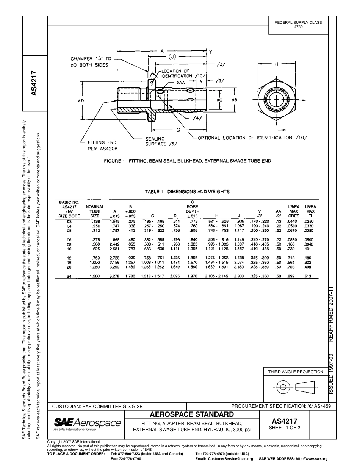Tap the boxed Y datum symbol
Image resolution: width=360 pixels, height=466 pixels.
pos(211,51)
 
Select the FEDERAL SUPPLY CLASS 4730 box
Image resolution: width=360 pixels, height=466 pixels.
pos(298,25)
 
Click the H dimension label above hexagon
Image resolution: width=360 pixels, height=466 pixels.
pos(276,64)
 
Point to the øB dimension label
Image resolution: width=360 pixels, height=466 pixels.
pos(235,100)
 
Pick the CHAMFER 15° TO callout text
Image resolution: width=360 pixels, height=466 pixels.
pos(91,59)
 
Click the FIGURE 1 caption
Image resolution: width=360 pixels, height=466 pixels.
pos(188,161)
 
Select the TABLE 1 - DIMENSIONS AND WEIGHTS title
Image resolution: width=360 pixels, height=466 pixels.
pos(187,192)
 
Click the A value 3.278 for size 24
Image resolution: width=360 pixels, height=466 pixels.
pos(114,276)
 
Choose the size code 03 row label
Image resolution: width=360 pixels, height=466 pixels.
pos(69,221)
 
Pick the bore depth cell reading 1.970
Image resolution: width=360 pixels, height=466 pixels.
pos(193,276)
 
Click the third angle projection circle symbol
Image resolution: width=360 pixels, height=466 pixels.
pos(282,387)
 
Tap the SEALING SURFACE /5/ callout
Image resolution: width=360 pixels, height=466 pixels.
pos(161,141)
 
